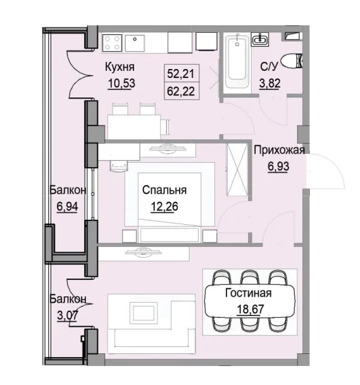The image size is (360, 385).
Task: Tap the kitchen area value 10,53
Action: coord(120,81)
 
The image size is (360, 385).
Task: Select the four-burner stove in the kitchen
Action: coord(112,42)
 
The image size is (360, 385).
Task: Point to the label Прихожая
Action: coord(279,150)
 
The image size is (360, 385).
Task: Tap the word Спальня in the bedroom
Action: coord(164,189)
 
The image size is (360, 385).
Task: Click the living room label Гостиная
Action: coord(248,293)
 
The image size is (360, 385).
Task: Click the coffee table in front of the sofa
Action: coord(144,313)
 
